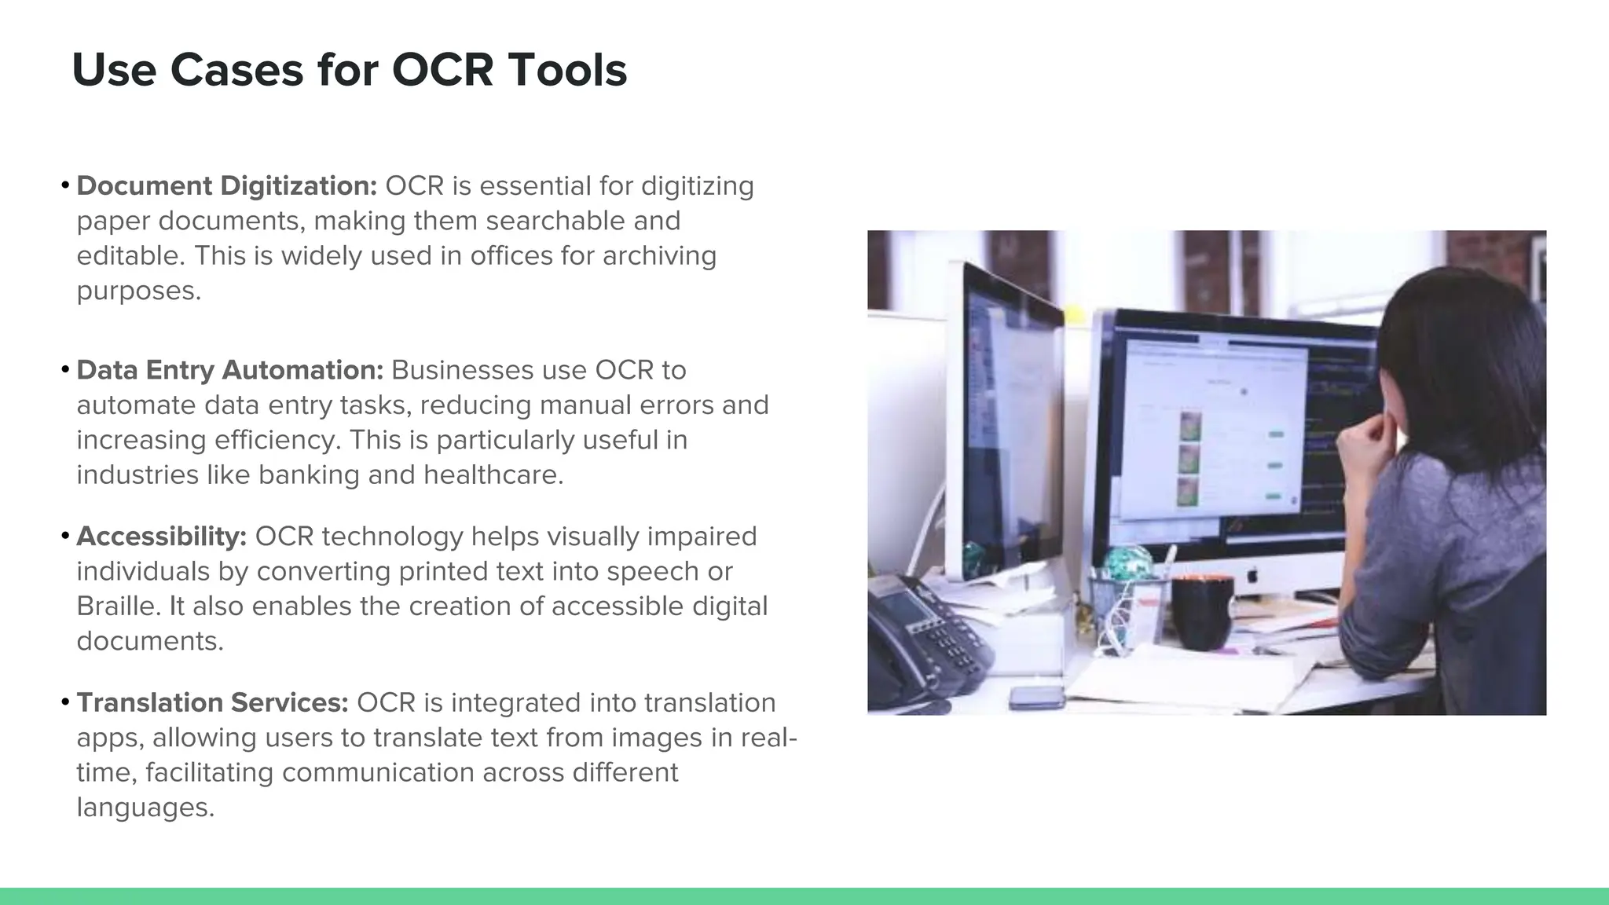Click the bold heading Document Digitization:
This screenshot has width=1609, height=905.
(226, 186)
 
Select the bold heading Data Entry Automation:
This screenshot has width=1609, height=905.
(229, 370)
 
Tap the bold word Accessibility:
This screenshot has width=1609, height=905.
(161, 537)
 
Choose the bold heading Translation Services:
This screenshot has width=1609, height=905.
(212, 702)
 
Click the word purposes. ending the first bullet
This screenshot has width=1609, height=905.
(138, 291)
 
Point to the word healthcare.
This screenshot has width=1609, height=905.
(493, 474)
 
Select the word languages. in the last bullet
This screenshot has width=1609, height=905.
(145, 808)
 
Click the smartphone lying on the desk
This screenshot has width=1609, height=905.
(1036, 696)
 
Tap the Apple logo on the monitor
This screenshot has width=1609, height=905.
(1252, 576)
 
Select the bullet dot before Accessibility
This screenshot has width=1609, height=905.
(65, 537)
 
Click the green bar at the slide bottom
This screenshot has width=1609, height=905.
(804, 896)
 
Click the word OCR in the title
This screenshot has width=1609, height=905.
(442, 70)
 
